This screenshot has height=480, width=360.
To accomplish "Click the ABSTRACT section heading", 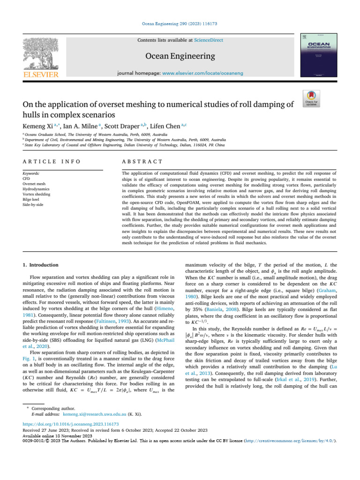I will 142,161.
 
